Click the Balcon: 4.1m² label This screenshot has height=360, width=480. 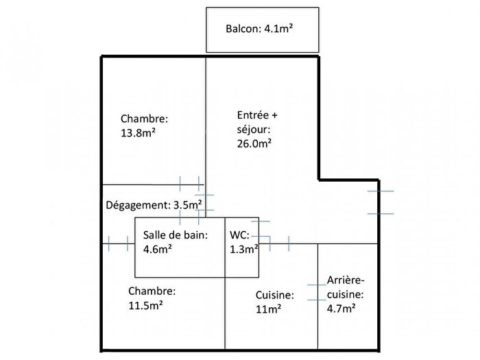260,29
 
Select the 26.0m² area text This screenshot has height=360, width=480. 250,143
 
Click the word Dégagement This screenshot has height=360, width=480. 135,205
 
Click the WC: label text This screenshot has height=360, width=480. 240,235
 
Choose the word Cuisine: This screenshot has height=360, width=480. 275,296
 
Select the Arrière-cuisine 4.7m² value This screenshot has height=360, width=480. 341,309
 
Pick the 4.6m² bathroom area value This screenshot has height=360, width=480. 158,249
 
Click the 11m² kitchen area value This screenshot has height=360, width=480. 268,309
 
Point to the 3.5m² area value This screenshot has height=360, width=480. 187,205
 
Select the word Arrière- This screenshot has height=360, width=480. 346,281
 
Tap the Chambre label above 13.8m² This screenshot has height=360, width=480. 144,119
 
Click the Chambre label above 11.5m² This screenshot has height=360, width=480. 152,290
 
